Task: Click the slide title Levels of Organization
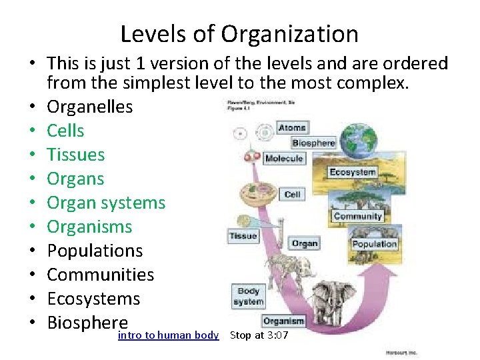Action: click(x=239, y=33)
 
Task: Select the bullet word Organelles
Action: click(x=89, y=107)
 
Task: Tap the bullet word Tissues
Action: click(x=75, y=155)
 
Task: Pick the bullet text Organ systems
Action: click(x=106, y=203)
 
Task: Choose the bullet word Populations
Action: click(x=95, y=251)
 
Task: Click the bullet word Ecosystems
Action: click(x=93, y=299)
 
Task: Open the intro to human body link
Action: click(x=168, y=335)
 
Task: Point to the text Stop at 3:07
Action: click(x=259, y=335)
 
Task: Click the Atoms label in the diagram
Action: click(x=291, y=127)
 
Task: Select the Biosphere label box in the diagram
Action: click(x=313, y=143)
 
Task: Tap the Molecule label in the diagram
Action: click(x=284, y=159)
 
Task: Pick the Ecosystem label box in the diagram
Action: click(x=352, y=173)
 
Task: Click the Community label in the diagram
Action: click(x=358, y=216)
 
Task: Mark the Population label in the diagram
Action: click(x=375, y=244)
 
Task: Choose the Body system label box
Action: click(x=248, y=297)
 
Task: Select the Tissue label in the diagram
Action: click(x=243, y=236)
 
